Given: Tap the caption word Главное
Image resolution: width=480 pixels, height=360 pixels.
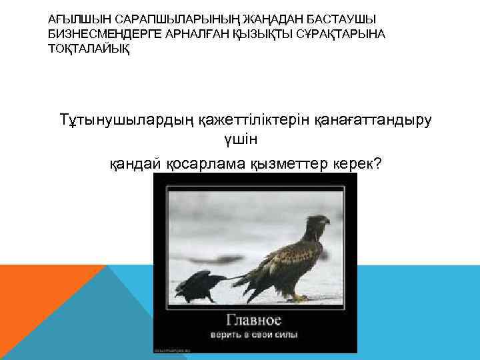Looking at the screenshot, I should coord(255,320).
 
